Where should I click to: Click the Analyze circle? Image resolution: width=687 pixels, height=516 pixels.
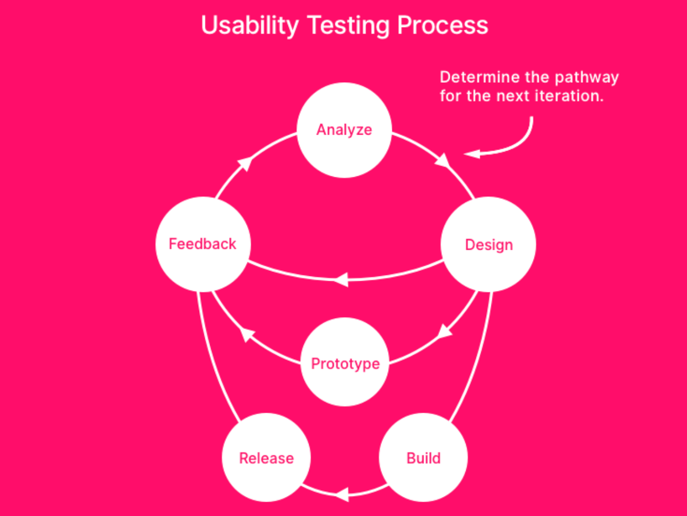coord(345,130)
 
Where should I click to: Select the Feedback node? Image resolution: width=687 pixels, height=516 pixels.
coord(203,244)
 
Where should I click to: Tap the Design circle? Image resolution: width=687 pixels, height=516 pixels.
coord(488,245)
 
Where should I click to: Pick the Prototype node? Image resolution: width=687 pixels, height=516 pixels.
coord(345,363)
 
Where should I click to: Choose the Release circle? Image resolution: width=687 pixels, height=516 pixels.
coord(266,457)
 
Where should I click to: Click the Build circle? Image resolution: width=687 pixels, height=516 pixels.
coord(423,457)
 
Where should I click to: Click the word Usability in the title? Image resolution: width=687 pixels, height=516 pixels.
coord(249,25)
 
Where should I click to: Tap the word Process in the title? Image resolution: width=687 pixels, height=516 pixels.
coord(443,25)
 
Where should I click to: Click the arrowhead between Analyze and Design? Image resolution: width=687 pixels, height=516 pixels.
coord(443,161)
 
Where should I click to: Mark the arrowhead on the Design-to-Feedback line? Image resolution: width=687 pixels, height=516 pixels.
coord(341,280)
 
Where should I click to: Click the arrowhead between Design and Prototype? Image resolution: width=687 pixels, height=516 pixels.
coord(444,330)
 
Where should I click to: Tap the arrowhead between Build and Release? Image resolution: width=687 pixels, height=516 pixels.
coord(341,494)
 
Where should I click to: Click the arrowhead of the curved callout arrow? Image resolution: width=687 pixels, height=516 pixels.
coord(471,153)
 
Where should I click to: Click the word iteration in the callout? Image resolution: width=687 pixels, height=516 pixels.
coord(573,96)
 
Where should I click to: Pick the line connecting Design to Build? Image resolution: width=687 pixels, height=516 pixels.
coord(478,360)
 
